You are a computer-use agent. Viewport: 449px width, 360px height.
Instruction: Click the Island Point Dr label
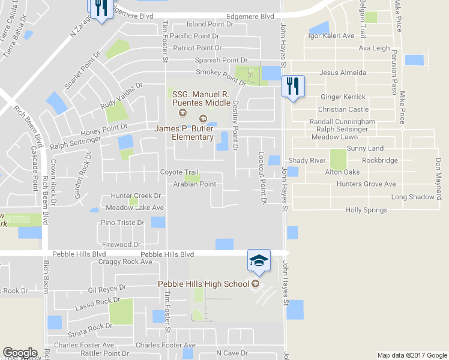(209, 24)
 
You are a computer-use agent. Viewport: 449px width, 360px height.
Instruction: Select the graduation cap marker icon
(259, 260)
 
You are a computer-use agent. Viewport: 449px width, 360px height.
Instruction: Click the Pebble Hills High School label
(203, 284)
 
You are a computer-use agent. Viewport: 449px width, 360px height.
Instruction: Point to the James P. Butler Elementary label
(184, 133)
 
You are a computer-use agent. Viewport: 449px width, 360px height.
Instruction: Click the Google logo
(20, 353)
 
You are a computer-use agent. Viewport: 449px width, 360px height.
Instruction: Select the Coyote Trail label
(179, 172)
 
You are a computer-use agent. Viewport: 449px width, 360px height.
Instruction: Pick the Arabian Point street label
(194, 184)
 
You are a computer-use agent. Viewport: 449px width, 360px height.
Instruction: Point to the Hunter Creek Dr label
(136, 196)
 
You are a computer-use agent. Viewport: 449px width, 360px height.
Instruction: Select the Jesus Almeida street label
(343, 73)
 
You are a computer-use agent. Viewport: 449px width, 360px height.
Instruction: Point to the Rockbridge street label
(379, 160)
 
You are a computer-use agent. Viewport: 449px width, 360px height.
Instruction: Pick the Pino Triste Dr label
(122, 223)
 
